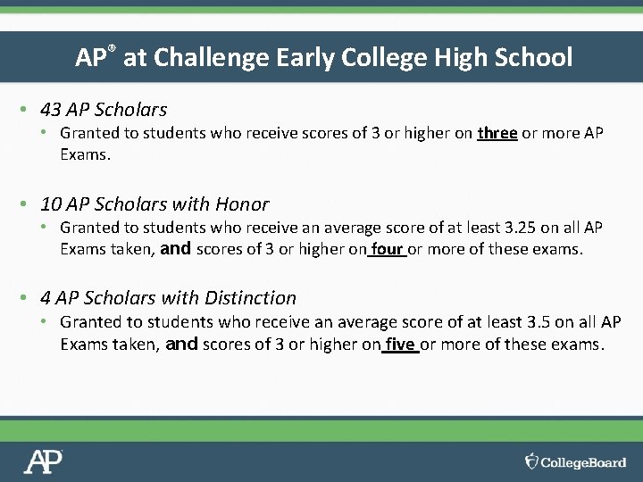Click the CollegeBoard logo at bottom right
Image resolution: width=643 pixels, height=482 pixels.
pyautogui.click(x=576, y=461)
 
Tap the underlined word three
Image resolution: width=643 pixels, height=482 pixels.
pyautogui.click(x=497, y=133)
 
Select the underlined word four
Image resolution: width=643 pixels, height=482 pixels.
pyautogui.click(x=387, y=249)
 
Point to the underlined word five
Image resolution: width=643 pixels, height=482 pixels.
pyautogui.click(x=399, y=344)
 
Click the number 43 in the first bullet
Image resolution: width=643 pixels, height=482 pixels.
pyautogui.click(x=51, y=110)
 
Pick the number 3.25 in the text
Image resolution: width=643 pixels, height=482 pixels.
pyautogui.click(x=520, y=228)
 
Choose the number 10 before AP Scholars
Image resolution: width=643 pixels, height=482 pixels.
pyautogui.click(x=51, y=204)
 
